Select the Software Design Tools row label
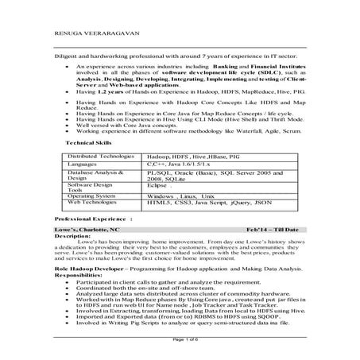click(x=91, y=186)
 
